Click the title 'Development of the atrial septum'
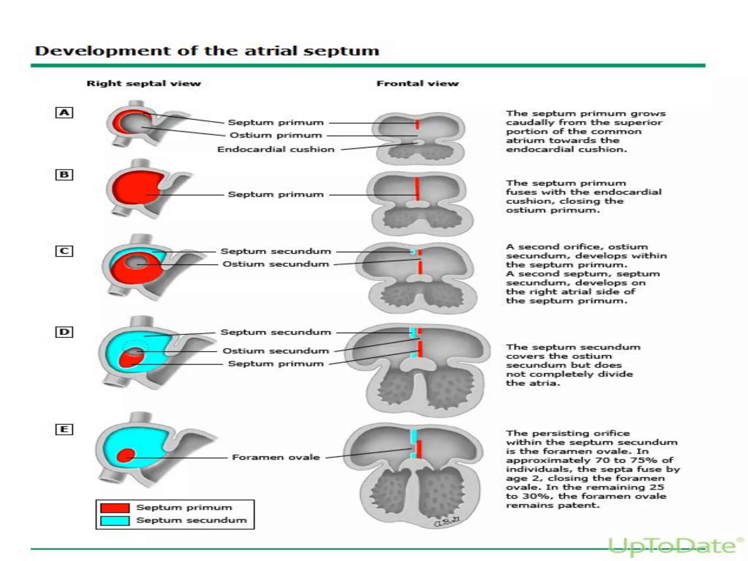click(207, 51)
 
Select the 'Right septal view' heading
click(144, 83)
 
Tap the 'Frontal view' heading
click(417, 83)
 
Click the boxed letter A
click(64, 112)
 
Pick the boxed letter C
click(64, 251)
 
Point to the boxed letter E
click(64, 429)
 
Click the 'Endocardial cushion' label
click(276, 149)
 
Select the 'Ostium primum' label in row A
click(276, 135)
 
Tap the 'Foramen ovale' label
click(276, 457)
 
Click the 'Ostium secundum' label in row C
click(276, 264)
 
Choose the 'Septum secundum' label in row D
click(276, 332)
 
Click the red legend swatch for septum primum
click(115, 508)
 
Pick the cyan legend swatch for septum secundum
click(115, 520)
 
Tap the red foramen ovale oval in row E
click(126, 455)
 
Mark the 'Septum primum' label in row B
click(276, 194)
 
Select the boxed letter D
click(64, 332)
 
